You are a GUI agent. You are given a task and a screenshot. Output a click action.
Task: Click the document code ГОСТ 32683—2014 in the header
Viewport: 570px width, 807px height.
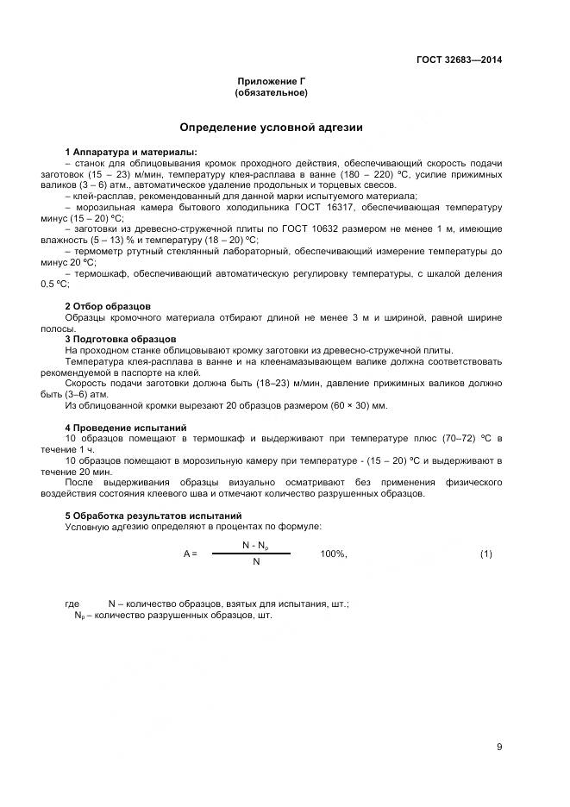pyautogui.click(x=458, y=59)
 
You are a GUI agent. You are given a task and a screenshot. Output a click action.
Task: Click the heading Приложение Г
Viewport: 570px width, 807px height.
pyautogui.click(x=271, y=81)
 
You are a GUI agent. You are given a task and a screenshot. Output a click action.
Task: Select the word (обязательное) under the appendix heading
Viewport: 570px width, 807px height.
pyautogui.click(x=271, y=92)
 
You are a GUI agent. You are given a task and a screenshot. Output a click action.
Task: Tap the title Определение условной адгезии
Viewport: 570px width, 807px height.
pyautogui.click(x=271, y=128)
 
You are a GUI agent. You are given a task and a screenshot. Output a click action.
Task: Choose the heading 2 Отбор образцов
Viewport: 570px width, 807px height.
pyautogui.click(x=108, y=306)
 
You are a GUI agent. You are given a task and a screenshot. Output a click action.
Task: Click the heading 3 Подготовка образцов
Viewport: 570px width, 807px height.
pyautogui.click(x=121, y=339)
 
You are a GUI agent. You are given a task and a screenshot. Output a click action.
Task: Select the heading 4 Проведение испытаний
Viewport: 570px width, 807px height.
pyautogui.click(x=124, y=428)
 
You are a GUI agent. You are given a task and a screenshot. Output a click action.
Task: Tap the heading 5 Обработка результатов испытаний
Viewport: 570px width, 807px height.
pyautogui.click(x=148, y=516)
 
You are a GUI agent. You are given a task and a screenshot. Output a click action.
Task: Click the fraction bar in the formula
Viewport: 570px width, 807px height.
pyautogui.click(x=254, y=554)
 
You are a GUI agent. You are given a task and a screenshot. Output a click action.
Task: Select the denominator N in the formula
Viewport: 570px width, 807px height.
pyautogui.click(x=255, y=562)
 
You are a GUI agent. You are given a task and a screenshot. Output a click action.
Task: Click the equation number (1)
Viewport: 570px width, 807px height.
pyautogui.click(x=485, y=554)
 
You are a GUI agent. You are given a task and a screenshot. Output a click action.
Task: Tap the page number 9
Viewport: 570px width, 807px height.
pyautogui.click(x=498, y=747)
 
